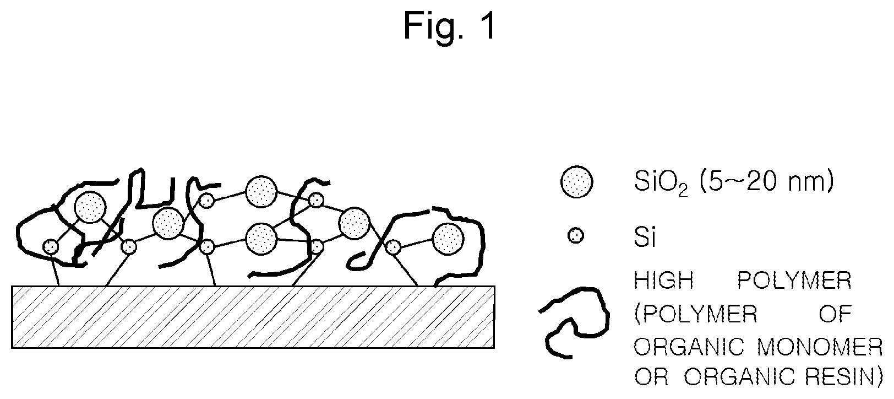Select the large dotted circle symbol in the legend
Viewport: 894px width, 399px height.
pos(576,182)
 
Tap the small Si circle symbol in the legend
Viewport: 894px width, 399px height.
pos(576,236)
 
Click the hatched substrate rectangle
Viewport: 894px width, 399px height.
pos(253,317)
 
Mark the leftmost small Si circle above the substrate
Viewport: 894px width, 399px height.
pos(51,246)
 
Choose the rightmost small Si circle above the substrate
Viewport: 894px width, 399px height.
pos(393,247)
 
